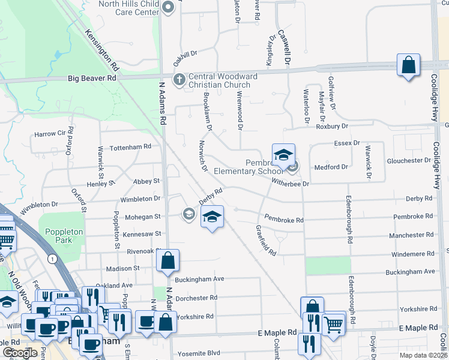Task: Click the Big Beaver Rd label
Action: click(92, 78)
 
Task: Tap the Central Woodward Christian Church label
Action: click(223, 80)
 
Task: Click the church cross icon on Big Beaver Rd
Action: click(179, 79)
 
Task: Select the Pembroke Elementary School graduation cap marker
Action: click(283, 154)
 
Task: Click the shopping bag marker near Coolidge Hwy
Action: click(408, 65)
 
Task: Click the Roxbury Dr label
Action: click(332, 126)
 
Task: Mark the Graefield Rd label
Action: click(265, 241)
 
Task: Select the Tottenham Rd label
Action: click(126, 147)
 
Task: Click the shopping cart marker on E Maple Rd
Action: click(334, 324)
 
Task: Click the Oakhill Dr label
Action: click(185, 54)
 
